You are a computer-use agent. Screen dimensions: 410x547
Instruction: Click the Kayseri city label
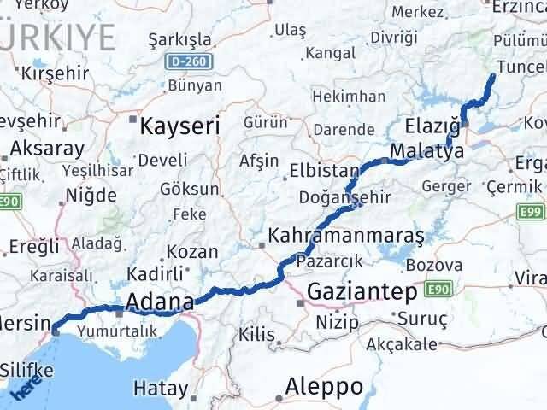pyautogui.click(x=179, y=126)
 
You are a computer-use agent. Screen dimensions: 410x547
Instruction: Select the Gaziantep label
pyautogui.click(x=362, y=291)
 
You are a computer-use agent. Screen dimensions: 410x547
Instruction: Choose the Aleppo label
pyautogui.click(x=325, y=386)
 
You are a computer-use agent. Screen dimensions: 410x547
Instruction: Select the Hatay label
pyautogui.click(x=161, y=389)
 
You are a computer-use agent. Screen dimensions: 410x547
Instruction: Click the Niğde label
pyautogui.click(x=92, y=196)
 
